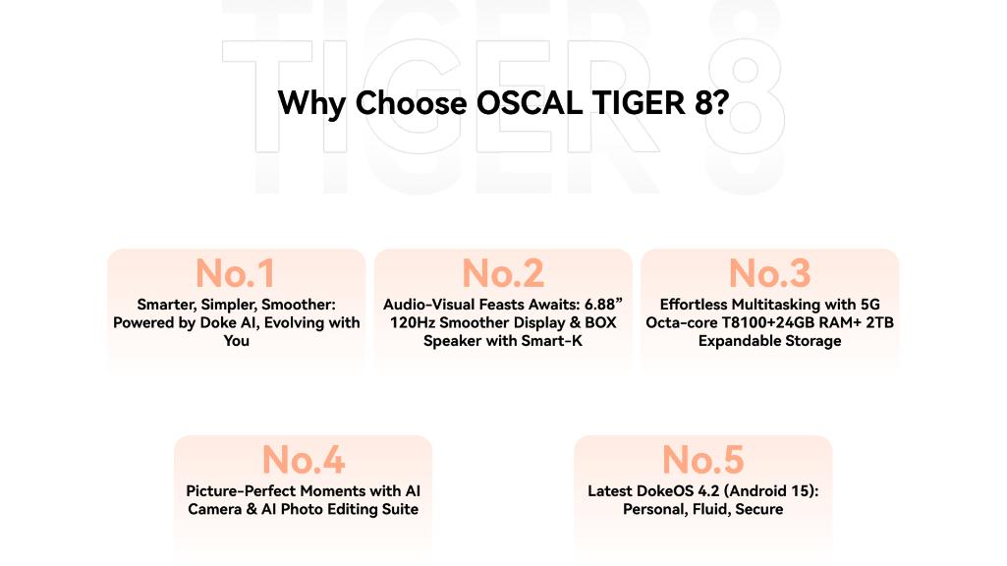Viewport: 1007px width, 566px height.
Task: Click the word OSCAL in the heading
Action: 530,103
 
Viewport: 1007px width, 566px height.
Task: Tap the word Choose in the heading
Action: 411,103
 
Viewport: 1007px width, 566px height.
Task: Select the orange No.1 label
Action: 236,273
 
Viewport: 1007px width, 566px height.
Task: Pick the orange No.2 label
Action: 503,273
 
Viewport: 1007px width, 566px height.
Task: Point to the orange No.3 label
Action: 769,273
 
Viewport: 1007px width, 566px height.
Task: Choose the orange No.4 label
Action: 304,459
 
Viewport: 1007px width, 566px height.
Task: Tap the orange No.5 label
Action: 702,459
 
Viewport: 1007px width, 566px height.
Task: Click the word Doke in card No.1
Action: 218,322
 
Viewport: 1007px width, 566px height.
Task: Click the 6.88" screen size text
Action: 603,305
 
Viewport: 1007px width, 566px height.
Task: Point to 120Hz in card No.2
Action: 413,322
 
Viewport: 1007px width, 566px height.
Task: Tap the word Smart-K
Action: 551,341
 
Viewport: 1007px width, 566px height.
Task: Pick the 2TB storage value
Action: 880,322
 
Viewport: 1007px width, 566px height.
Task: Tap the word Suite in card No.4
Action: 400,509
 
